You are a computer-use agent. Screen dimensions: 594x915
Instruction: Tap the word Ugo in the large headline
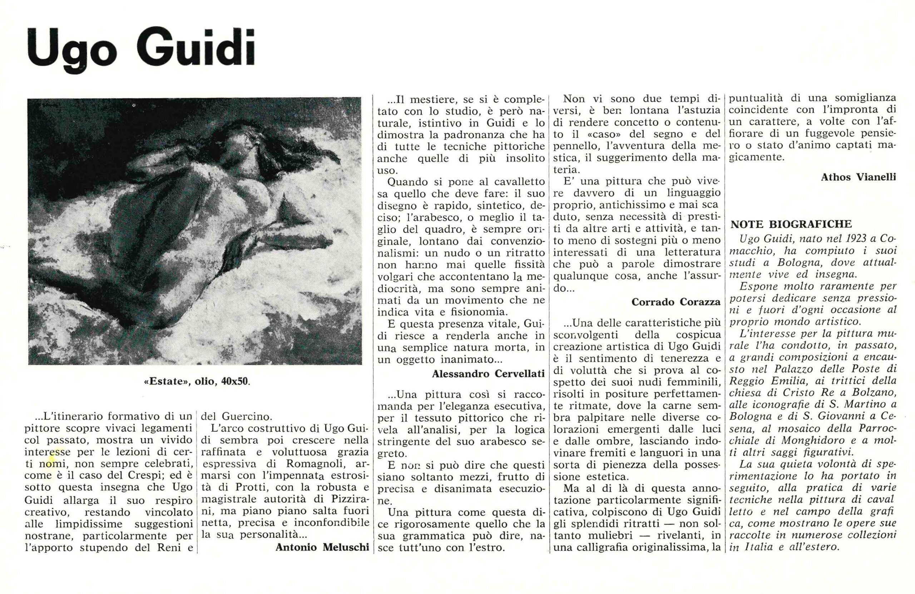click(72, 54)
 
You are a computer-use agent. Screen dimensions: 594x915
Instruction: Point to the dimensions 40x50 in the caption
click(235, 382)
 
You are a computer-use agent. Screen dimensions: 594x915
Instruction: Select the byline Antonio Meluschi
click(322, 548)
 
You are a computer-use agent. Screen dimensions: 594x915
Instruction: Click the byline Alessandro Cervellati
click(488, 373)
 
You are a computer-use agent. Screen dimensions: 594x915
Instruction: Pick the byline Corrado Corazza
click(676, 302)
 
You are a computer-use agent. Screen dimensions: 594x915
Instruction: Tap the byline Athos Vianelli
click(859, 177)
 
